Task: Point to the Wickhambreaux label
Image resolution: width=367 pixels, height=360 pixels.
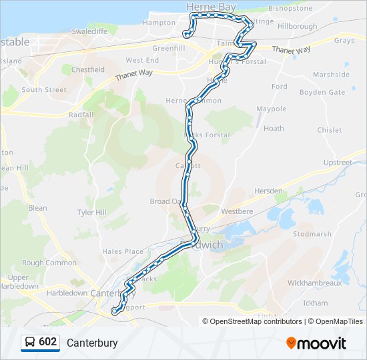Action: coord(314,283)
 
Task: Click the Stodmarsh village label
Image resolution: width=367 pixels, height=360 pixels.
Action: coord(312,234)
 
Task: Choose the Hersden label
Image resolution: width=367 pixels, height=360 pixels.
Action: coord(268,191)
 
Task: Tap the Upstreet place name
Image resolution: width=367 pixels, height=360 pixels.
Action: coord(337,163)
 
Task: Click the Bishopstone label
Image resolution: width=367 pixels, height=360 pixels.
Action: coord(290,9)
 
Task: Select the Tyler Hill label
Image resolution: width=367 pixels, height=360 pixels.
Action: coord(92,213)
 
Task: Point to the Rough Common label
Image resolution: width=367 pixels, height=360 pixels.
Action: coord(49,263)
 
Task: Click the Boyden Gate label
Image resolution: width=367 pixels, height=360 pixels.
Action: coord(322,92)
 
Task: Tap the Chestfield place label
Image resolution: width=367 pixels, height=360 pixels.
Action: coord(88,69)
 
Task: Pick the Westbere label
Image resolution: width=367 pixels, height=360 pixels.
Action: coord(237,211)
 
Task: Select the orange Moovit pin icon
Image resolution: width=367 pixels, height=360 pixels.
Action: coord(291,343)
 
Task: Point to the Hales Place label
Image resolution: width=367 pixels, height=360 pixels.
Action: coord(122,251)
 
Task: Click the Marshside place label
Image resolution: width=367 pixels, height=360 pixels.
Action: coord(331,75)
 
